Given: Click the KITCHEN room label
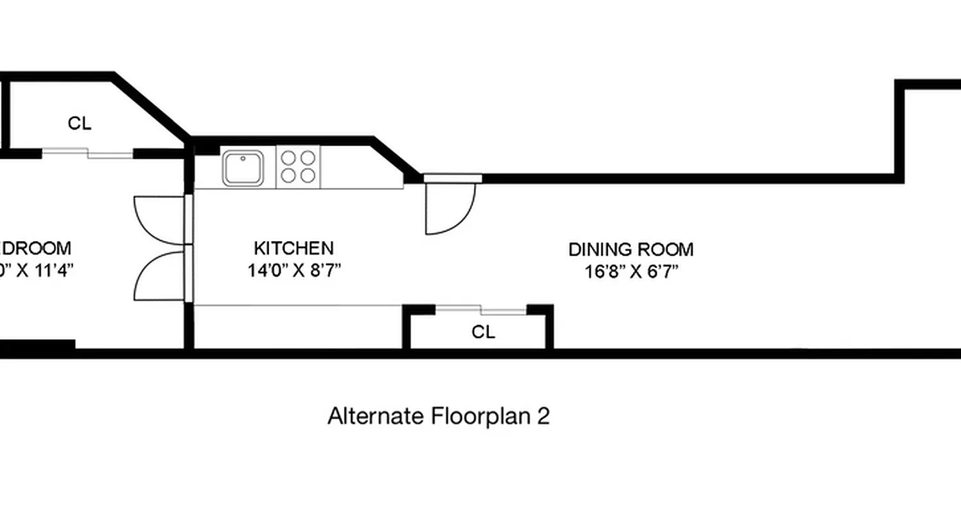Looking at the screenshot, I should tap(293, 248).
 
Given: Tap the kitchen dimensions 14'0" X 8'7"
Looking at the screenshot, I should tap(293, 270).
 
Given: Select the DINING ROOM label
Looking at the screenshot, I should tap(630, 249).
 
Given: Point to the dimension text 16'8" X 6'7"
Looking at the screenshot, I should tap(630, 271).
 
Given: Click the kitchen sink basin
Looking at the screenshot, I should tap(243, 168).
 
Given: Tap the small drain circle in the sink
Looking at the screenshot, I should tap(243, 158).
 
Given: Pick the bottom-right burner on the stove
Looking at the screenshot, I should tap(308, 176).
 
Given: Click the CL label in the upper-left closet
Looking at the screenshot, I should tap(79, 123).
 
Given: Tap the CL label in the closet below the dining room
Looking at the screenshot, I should tap(483, 332).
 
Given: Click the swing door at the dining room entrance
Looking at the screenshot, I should tap(448, 208).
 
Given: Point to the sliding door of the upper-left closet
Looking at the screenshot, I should tap(88, 153).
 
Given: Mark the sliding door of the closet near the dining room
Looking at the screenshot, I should tap(481, 310).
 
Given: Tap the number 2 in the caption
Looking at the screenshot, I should tap(543, 416).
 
